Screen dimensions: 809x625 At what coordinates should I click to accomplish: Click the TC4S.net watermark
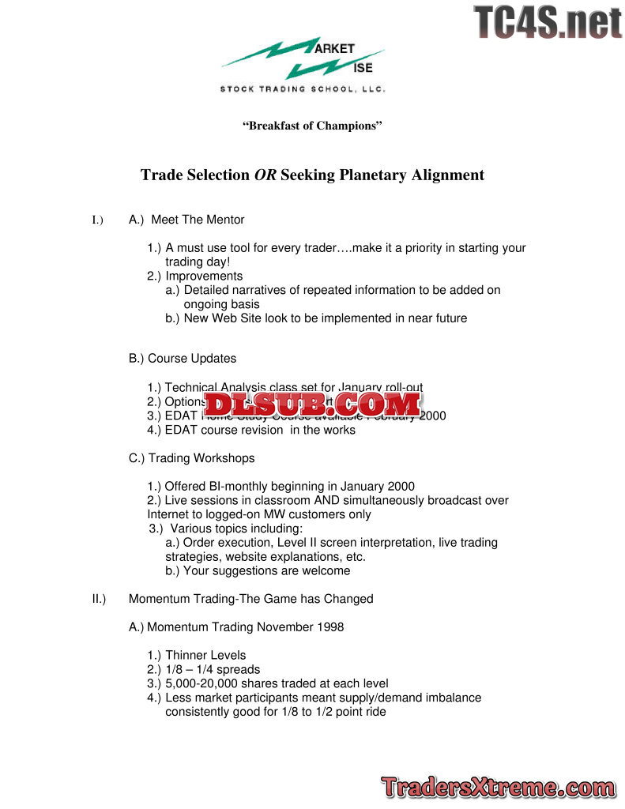tap(548, 22)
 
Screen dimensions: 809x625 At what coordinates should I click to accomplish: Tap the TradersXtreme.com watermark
tap(498, 787)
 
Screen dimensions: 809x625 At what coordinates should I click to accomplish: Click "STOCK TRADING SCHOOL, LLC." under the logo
tap(303, 89)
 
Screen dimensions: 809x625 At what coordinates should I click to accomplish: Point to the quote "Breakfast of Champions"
tap(312, 126)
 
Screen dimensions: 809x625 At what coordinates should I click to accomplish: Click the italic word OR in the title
tap(265, 175)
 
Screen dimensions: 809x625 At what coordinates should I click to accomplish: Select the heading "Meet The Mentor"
tap(198, 220)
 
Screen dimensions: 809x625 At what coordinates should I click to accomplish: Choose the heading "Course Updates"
tap(192, 359)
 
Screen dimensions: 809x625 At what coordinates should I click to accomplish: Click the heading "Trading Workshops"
tap(201, 458)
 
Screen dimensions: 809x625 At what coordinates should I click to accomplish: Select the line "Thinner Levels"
tap(205, 656)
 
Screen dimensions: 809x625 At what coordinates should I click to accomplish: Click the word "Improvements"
tap(204, 277)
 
